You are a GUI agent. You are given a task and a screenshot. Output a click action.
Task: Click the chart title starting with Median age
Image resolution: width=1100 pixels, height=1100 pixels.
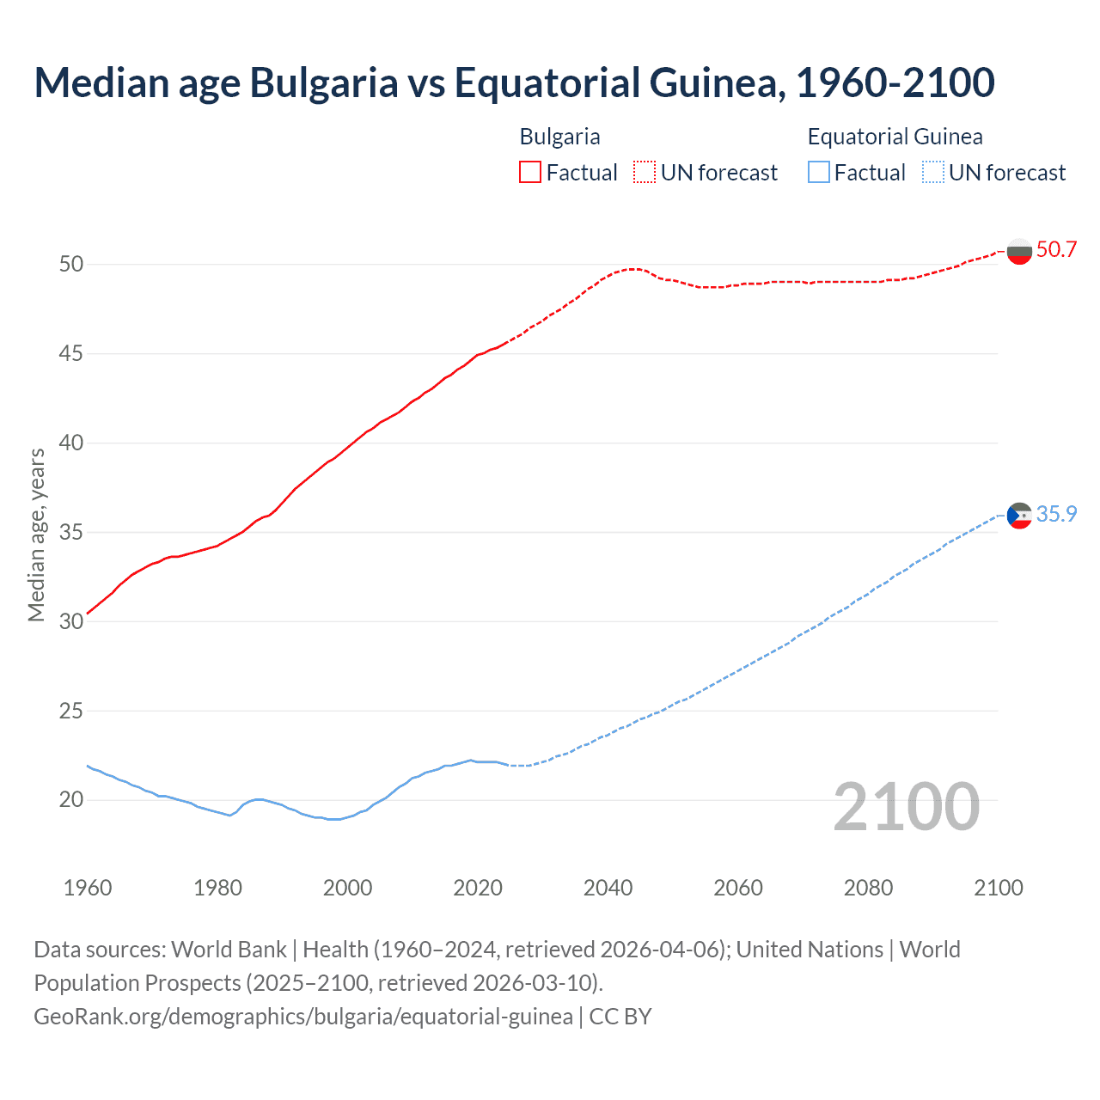pos(514,82)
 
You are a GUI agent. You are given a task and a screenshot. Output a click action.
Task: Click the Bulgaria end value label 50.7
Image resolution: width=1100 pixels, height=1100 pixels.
pos(1056,250)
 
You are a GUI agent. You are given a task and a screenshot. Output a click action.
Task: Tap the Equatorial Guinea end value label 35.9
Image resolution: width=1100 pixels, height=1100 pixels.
pos(1056,514)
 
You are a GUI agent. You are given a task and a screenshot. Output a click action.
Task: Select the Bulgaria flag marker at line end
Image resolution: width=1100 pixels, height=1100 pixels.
pos(1019,252)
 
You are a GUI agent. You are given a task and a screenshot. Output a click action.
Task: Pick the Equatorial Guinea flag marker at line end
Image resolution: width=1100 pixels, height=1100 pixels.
pos(1019,516)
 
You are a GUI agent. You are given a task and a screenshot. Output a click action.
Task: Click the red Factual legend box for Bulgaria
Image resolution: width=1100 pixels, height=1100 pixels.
pos(530,173)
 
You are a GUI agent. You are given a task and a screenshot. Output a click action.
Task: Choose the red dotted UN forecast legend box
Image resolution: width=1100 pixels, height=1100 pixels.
pos(645,173)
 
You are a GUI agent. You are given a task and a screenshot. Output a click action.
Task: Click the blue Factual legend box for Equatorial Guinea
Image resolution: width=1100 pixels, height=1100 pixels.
pos(819,173)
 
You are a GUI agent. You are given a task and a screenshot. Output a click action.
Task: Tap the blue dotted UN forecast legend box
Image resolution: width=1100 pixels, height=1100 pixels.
pos(932,173)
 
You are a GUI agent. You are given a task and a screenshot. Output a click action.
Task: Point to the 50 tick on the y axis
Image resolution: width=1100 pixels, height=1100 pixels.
pos(71,264)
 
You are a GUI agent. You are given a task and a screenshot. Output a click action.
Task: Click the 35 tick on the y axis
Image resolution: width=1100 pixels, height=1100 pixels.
pos(71,532)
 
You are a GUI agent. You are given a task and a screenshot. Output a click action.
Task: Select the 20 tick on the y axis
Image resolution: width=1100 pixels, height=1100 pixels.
pos(71,800)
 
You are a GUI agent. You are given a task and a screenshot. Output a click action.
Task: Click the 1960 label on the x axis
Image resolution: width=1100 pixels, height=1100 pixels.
pos(88,888)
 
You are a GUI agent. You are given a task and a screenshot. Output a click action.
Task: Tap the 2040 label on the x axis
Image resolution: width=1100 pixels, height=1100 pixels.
pos(608,888)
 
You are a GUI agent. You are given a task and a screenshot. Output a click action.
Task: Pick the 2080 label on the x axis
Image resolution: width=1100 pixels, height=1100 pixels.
pos(868,888)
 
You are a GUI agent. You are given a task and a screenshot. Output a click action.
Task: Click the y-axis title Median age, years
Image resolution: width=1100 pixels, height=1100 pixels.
pos(36,534)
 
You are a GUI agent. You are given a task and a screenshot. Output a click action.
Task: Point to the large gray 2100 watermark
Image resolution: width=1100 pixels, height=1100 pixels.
pos(906,806)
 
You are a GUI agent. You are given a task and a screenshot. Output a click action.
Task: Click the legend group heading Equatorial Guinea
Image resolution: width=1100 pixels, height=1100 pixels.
pos(895,137)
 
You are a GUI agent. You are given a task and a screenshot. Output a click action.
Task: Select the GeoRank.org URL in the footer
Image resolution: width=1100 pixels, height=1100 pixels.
pos(303,1017)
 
